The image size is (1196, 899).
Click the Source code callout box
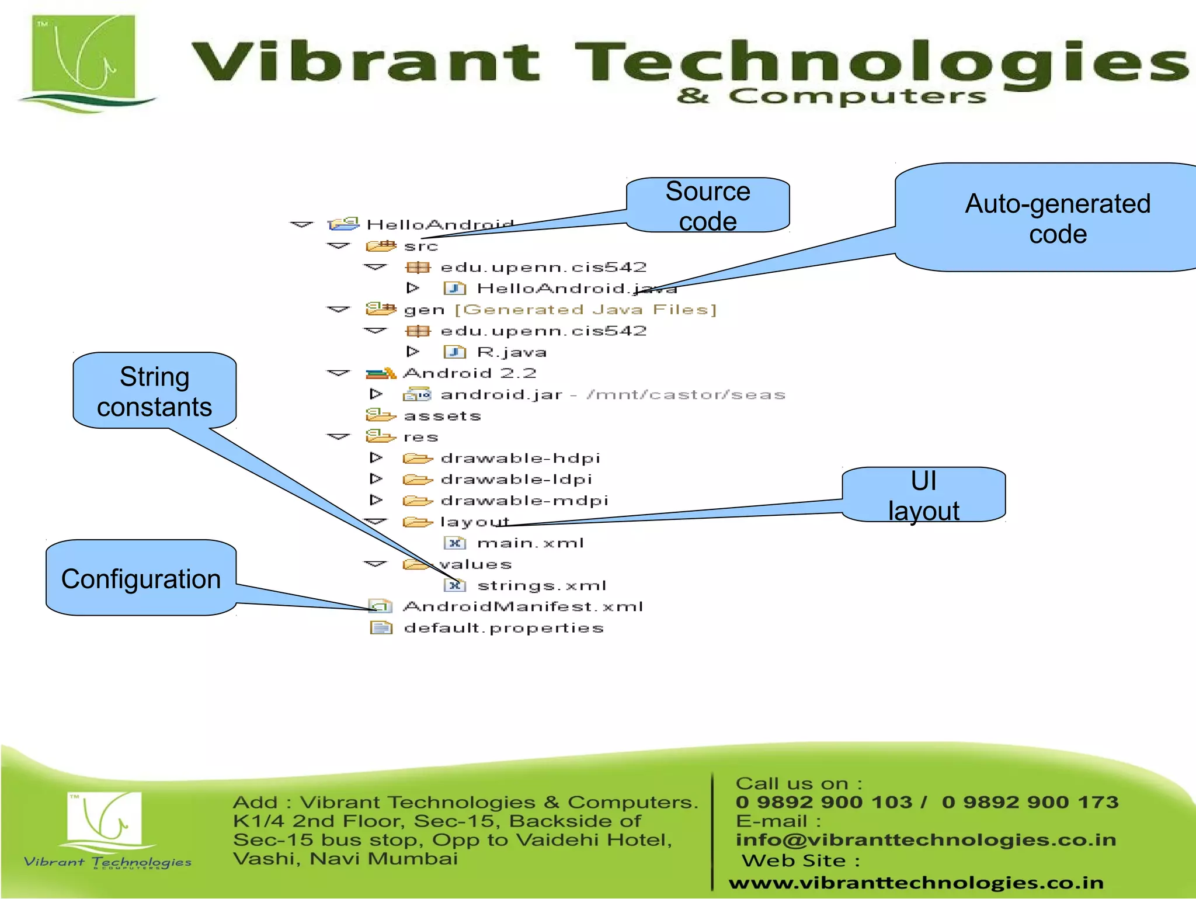pos(708,206)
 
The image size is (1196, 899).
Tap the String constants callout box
pos(154,391)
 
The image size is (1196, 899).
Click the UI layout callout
pos(923,495)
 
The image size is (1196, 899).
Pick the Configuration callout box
pos(141,578)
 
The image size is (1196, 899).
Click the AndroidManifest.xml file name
pos(523,607)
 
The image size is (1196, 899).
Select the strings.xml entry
pos(541,585)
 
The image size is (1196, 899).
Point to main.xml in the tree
pos(530,543)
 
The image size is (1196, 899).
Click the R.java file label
pos(512,352)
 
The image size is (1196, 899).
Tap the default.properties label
pos(503,628)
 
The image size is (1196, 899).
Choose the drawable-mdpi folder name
pos(524,501)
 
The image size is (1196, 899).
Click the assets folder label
pos(442,416)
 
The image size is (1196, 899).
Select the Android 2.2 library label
pos(470,373)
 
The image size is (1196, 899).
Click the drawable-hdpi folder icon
pos(417,459)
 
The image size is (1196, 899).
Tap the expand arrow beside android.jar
pos(376,394)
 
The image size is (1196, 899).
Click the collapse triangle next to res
pos(338,437)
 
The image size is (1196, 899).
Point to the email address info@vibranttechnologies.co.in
pos(926,840)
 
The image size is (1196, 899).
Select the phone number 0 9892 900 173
pos(1030,802)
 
